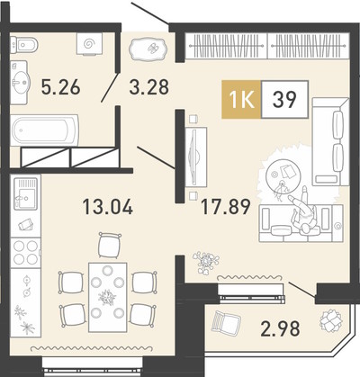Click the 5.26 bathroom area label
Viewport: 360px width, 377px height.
click(x=61, y=88)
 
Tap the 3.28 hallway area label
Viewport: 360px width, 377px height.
click(x=149, y=87)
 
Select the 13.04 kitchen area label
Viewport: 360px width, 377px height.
click(x=108, y=207)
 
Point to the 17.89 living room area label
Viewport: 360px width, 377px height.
click(x=226, y=207)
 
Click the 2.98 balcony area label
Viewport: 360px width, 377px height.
click(x=280, y=328)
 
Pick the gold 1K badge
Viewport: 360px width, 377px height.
click(x=241, y=100)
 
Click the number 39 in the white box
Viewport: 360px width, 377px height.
click(x=284, y=99)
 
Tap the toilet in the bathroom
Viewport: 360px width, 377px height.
click(x=24, y=45)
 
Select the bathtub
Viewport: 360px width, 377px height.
click(x=45, y=130)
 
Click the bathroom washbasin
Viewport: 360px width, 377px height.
click(x=21, y=82)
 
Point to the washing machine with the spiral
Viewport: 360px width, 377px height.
click(x=89, y=44)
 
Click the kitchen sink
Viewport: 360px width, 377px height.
click(x=25, y=193)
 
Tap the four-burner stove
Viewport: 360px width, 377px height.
click(x=25, y=253)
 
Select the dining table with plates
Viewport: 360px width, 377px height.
click(x=108, y=297)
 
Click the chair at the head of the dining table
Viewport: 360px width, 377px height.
click(x=110, y=245)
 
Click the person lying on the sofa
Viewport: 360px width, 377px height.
click(x=303, y=211)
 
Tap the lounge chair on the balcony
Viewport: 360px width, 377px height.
click(x=226, y=322)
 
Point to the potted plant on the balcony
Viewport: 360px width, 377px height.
click(x=330, y=320)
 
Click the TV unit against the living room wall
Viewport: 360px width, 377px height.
click(x=196, y=157)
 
